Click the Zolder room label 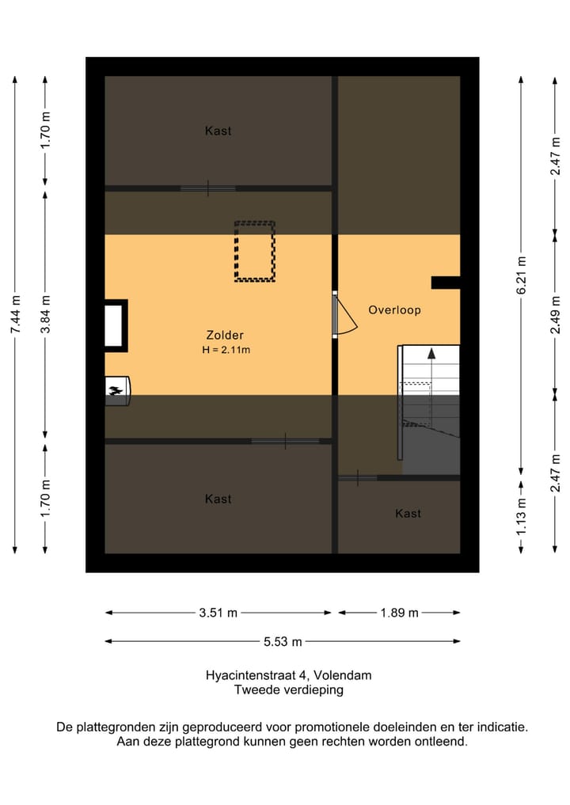tap(224, 336)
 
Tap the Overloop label tap(394, 310)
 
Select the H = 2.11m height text tap(226, 350)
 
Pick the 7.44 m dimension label tap(15, 314)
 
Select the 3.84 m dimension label tap(46, 314)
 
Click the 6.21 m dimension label tap(522, 275)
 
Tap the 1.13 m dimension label tap(522, 516)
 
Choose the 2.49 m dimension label tap(556, 314)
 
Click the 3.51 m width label tap(218, 613)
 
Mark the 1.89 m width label tap(400, 613)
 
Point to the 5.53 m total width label tap(283, 642)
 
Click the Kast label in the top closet tap(218, 131)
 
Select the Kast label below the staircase tap(408, 514)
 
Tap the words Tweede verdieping tap(289, 690)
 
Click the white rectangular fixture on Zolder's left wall tap(114, 325)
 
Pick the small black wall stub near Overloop tap(445, 283)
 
